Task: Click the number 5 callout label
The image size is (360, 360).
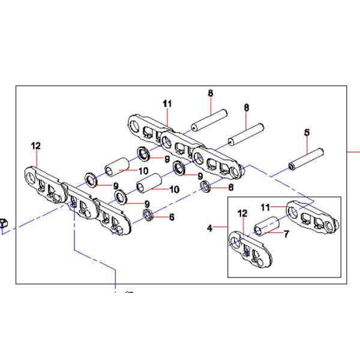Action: pos(307,132)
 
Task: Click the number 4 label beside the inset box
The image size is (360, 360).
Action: pos(209,228)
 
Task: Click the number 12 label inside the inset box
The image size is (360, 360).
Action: pos(242,213)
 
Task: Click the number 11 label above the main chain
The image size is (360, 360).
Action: pos(167,103)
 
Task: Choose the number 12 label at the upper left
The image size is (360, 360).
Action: pos(36,145)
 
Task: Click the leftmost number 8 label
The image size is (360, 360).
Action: pos(211,93)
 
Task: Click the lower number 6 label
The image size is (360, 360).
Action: pos(172,217)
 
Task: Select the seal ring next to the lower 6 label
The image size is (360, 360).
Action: pos(147,215)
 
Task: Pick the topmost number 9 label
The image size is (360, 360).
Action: pos(168,159)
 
